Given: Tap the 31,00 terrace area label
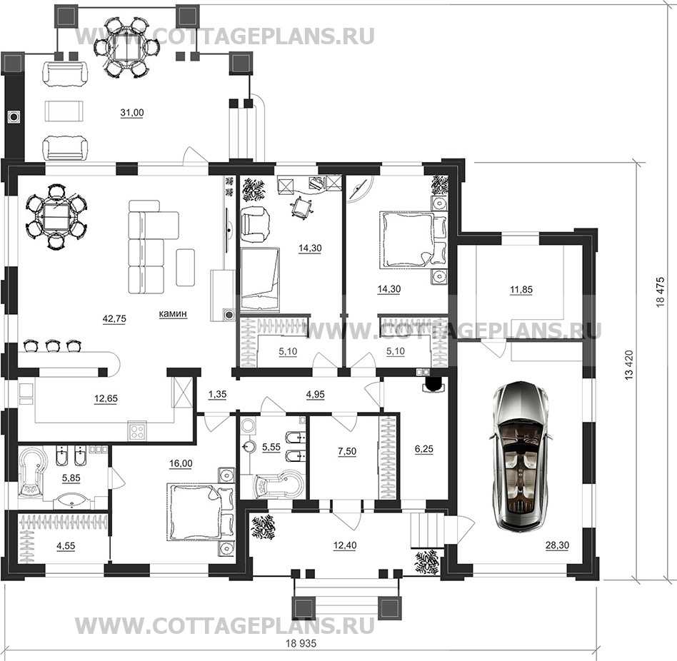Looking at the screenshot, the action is (131, 113).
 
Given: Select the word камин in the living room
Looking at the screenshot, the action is (173, 313).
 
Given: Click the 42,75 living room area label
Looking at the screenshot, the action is (114, 319).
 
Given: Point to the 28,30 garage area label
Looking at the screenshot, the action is (557, 545).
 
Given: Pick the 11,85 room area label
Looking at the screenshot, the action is (521, 290).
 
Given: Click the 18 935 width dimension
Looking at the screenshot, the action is (301, 643).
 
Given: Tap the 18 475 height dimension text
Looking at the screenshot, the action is (660, 292).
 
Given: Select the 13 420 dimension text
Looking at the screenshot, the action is (629, 365).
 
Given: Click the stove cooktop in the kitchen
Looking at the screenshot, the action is (137, 431).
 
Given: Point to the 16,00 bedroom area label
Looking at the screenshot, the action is (181, 463).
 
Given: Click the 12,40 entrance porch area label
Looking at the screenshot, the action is (345, 545).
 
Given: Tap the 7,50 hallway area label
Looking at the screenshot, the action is (347, 451).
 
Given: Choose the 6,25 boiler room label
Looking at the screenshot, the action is (424, 449).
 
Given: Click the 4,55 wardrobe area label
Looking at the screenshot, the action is (66, 546).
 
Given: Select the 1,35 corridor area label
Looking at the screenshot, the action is (217, 394).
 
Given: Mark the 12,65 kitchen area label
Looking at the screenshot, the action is (106, 399).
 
